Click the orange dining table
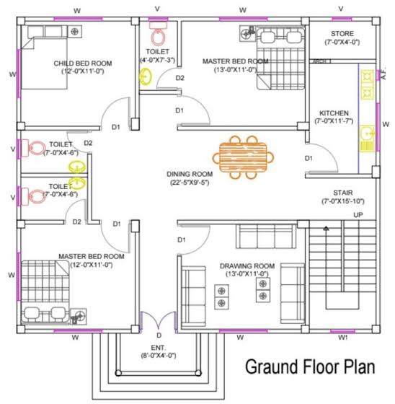point(243,157)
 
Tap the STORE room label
point(342,33)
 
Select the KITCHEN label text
point(334,113)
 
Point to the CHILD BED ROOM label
point(83,63)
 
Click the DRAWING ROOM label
point(247,266)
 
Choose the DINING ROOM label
point(190,174)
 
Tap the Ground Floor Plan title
point(310,367)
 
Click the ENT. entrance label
point(159,348)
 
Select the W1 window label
point(342,338)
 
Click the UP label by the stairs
point(358,215)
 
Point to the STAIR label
point(342,193)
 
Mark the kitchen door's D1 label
point(309,158)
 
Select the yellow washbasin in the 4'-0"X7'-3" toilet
point(146,76)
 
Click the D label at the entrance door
point(159,335)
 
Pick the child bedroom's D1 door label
point(116,127)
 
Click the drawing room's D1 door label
point(181,240)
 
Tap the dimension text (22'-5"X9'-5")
point(190,183)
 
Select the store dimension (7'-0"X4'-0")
point(342,42)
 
